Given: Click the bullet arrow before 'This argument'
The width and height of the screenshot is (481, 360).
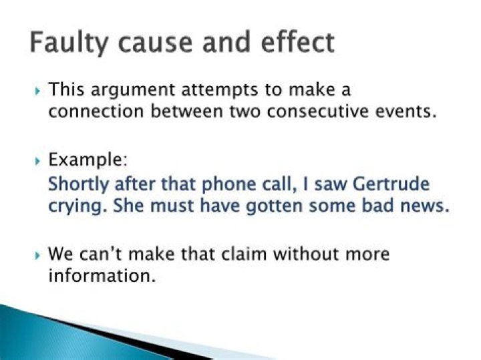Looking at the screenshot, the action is tap(37, 91).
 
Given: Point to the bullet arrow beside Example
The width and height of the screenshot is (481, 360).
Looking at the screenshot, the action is tap(37, 161).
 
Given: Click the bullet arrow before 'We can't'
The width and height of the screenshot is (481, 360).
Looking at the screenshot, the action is tap(37, 255).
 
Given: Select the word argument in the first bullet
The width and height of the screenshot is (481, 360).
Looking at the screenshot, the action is tap(132, 91).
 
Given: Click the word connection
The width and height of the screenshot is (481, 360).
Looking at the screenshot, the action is tap(96, 111).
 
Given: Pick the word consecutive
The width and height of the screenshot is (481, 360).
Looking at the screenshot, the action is tap(317, 111).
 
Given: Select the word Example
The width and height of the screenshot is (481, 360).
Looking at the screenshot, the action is tap(88, 160).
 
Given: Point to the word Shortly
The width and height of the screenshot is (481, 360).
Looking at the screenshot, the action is tap(79, 184).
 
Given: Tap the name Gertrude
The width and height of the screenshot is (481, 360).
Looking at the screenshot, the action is tap(391, 184).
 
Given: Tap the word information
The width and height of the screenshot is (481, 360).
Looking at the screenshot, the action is tap(102, 275).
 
